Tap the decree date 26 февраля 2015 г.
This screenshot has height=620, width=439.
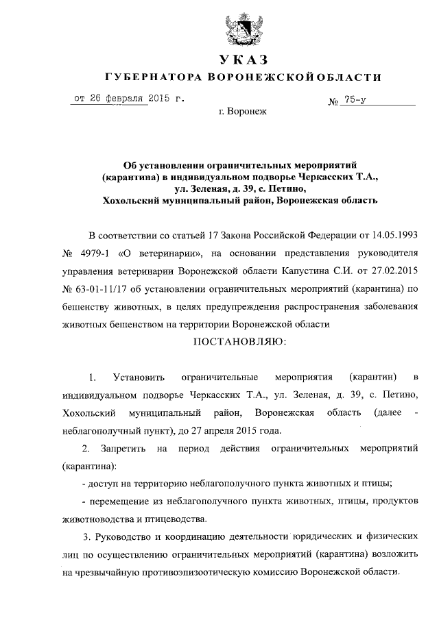pyautogui.click(x=129, y=99)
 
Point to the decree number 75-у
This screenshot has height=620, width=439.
pyautogui.click(x=357, y=101)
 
